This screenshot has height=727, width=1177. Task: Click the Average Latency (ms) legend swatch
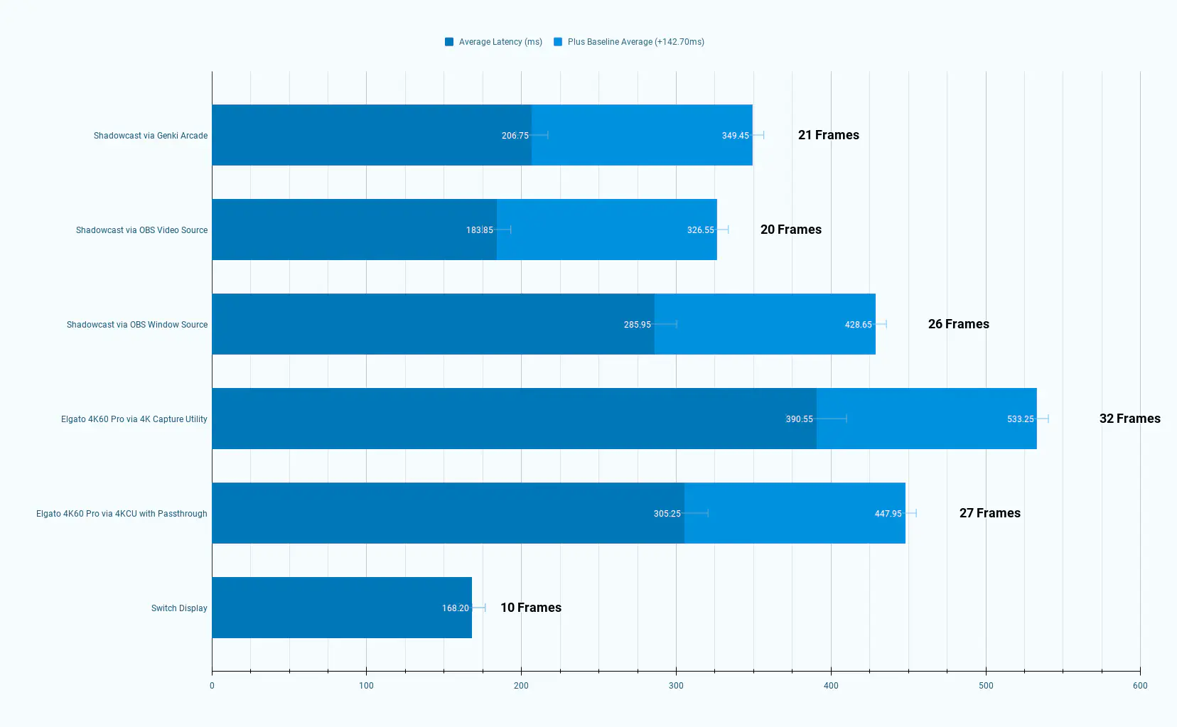[449, 42]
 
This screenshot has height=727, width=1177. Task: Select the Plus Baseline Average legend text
[635, 42]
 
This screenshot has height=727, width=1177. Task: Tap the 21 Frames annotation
[828, 135]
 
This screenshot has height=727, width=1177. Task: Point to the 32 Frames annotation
[1129, 419]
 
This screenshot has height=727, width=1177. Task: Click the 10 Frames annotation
[530, 608]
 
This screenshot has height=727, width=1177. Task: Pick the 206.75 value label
[515, 136]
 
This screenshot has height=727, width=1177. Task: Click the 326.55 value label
[700, 230]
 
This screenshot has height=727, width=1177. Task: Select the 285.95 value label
[637, 325]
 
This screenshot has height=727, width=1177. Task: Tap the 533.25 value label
[1020, 419]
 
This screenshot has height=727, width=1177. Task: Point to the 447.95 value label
[888, 514]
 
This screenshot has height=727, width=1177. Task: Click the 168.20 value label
[455, 608]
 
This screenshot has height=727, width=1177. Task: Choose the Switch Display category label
[179, 608]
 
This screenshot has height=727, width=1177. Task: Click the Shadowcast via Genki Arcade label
[151, 136]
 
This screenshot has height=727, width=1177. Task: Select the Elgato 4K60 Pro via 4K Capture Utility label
[134, 419]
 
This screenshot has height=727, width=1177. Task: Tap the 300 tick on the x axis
[676, 686]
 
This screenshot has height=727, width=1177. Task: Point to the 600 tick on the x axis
[1140, 686]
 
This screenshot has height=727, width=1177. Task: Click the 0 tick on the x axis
[212, 686]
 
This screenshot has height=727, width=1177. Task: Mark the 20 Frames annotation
[790, 230]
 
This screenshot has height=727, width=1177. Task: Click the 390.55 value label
[799, 419]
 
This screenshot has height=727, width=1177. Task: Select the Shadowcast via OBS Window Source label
[137, 325]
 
